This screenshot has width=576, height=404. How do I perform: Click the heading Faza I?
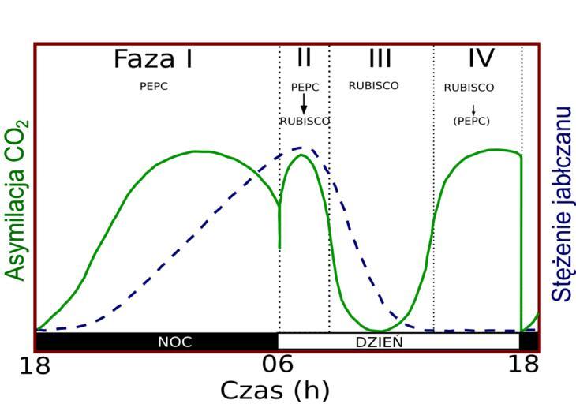(x=153, y=59)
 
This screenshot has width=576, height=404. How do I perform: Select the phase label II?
(x=305, y=58)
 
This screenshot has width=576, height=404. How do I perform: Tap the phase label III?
(x=380, y=58)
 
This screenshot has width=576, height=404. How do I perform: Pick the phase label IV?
(x=481, y=58)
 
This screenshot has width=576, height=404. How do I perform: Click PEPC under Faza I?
(x=154, y=87)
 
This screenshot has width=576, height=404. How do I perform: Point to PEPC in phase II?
(x=305, y=88)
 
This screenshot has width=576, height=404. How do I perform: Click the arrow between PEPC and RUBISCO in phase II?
(x=304, y=104)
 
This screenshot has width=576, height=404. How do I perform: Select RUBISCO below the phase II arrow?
(x=305, y=122)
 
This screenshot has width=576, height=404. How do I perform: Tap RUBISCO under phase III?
(x=374, y=86)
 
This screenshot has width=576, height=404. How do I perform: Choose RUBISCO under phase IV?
(x=469, y=88)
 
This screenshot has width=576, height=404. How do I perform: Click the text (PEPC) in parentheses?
(x=472, y=122)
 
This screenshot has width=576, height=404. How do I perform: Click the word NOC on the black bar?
(x=174, y=342)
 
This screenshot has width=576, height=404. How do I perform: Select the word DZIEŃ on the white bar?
(x=379, y=342)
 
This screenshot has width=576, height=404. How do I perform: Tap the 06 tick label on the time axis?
(x=278, y=365)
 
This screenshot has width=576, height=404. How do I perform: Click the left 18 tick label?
(x=36, y=365)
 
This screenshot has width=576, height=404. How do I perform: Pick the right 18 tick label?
(x=521, y=365)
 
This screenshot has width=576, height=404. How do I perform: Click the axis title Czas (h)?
(x=274, y=390)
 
